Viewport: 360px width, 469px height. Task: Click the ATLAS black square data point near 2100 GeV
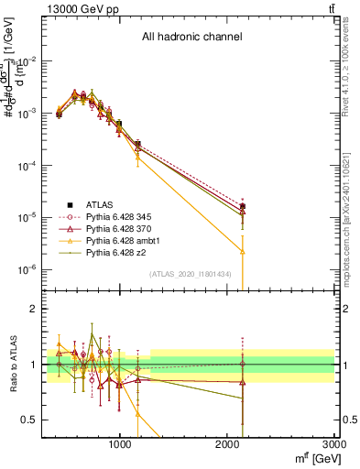pos(242,207)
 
